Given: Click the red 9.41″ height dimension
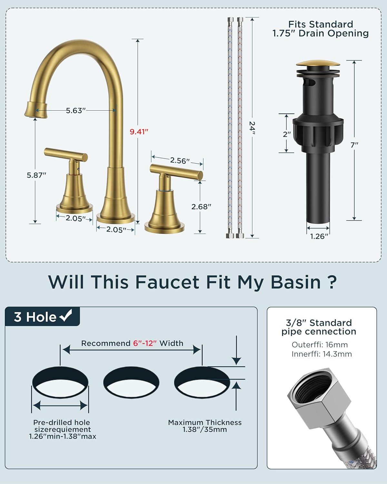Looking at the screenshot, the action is pyautogui.click(x=139, y=132).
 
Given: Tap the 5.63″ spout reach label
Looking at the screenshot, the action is pyautogui.click(x=76, y=110).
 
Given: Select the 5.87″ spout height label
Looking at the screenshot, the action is pyautogui.click(x=36, y=175).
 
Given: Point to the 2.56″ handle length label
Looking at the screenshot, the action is pyautogui.click(x=180, y=161).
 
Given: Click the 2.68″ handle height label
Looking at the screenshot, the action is pyautogui.click(x=201, y=207).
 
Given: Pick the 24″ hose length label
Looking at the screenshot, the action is pyautogui.click(x=253, y=128).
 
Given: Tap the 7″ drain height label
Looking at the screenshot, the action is pyautogui.click(x=354, y=145).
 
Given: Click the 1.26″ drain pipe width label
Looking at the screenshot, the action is pyautogui.click(x=319, y=236).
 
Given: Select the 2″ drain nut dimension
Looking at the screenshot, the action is pyautogui.click(x=287, y=134).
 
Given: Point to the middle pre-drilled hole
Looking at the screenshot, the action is pyautogui.click(x=131, y=382).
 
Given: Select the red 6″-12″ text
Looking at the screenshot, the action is pyautogui.click(x=145, y=343).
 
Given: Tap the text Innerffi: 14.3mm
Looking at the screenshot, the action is pyautogui.click(x=322, y=354).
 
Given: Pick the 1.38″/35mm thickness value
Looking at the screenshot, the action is pyautogui.click(x=205, y=429).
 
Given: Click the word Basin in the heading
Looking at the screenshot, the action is pyautogui.click(x=296, y=282).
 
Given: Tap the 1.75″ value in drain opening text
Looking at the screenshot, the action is pyautogui.click(x=284, y=33).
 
